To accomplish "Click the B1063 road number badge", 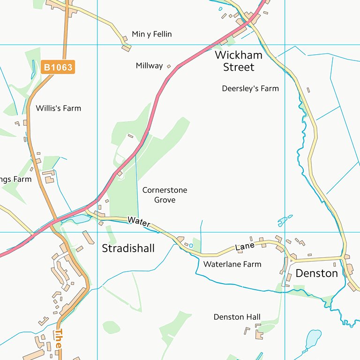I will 58,67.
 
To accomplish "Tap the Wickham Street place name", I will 239,61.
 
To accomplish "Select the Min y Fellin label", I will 152,34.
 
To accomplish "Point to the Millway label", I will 149,66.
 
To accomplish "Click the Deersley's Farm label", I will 250,88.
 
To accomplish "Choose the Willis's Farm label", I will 58,108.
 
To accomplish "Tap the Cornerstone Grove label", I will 165,195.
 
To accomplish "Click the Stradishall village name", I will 128,248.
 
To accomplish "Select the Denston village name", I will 316,273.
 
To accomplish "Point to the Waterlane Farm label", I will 232,264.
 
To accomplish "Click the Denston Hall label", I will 237,317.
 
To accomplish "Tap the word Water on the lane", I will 139,222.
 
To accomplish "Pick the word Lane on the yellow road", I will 245,246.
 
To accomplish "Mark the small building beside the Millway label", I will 169,67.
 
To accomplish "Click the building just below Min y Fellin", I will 126,47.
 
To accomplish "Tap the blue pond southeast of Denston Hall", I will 313,337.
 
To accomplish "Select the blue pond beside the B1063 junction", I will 80,219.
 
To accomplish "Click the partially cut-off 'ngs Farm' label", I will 15,179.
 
